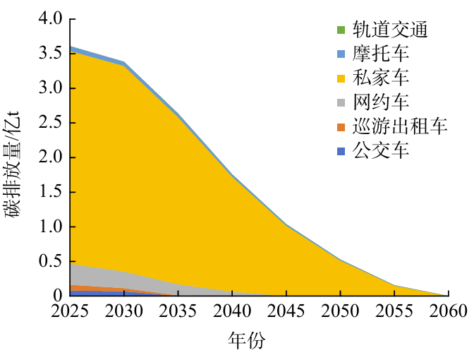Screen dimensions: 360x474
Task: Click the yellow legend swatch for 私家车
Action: (341, 78)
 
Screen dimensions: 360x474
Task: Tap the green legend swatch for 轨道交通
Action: (341, 30)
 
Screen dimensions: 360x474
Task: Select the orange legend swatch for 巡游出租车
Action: (341, 127)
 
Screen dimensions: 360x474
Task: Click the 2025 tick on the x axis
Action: (70, 312)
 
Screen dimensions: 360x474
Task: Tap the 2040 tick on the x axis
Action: (231, 312)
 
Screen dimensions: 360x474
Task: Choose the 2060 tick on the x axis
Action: (447, 312)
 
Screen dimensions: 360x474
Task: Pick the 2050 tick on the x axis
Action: (339, 312)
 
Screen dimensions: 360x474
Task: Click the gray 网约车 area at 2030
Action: (123, 280)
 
